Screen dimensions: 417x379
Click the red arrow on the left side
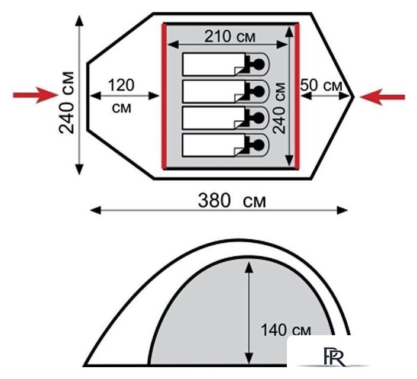point(35,95)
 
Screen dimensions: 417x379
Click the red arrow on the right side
point(383,97)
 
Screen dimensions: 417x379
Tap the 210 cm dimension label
point(229,37)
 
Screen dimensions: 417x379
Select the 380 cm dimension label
point(232,201)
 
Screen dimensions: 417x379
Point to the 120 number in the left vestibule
point(121,85)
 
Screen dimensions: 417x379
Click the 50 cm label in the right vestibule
point(321,85)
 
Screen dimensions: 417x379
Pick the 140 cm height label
point(286,330)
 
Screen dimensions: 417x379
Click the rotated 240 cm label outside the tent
point(66,102)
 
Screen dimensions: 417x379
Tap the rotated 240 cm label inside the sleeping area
point(279,108)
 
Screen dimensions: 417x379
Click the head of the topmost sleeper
point(258,64)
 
